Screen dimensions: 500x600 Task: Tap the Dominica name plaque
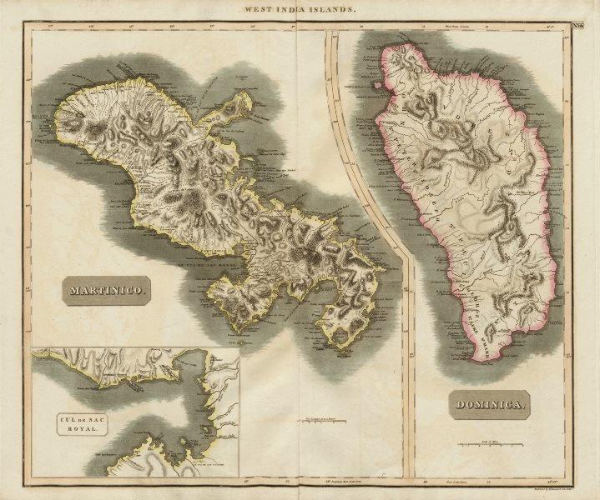491,406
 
